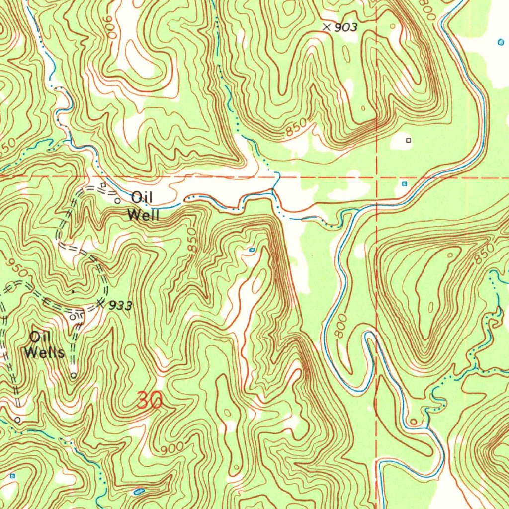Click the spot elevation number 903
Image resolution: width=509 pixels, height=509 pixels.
[345, 28]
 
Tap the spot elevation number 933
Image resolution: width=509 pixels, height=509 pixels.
[120, 306]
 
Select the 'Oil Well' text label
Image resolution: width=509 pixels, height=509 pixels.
[143, 206]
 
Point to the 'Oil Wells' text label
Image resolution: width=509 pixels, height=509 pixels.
[45, 345]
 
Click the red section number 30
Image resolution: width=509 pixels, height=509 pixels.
[149, 401]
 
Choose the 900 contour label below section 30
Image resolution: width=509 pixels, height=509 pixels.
[172, 448]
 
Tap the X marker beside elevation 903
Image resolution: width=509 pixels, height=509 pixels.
[327, 27]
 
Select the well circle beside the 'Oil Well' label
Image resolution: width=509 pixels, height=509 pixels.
[117, 201]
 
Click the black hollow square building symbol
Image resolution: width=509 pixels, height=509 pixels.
[409, 141]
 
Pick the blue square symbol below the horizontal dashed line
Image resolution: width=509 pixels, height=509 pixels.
[404, 184]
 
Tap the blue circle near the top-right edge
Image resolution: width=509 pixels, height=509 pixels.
[500, 42]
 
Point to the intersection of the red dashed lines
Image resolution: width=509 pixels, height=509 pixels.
[377, 177]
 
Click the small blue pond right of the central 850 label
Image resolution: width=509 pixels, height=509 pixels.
[252, 249]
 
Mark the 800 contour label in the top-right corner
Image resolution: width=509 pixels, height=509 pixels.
[428, 10]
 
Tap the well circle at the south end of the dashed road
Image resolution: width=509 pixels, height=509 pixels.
[73, 376]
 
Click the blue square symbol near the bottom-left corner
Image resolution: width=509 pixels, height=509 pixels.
[13, 476]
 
